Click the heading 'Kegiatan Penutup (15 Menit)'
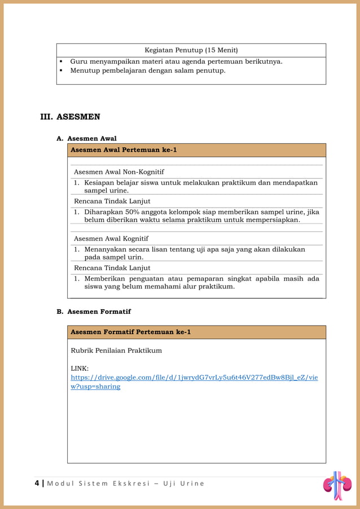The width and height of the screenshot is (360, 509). (x=191, y=50)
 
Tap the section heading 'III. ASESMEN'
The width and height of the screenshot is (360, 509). (x=70, y=117)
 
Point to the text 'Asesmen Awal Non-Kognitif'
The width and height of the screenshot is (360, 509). (x=119, y=172)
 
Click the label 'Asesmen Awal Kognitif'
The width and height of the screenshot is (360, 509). (x=111, y=238)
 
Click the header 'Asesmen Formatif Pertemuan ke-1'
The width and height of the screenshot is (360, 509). (x=130, y=332)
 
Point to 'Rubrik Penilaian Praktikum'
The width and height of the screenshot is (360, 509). (x=116, y=350)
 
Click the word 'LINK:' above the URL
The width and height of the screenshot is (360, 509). (x=80, y=368)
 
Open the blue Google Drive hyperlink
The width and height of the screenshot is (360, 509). (x=194, y=377)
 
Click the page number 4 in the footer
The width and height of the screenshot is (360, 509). (x=37, y=483)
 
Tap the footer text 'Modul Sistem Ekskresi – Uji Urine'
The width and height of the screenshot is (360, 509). (x=125, y=484)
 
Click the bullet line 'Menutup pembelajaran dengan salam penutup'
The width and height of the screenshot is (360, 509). (x=147, y=71)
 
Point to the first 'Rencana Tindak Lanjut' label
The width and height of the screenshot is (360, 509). (x=112, y=201)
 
